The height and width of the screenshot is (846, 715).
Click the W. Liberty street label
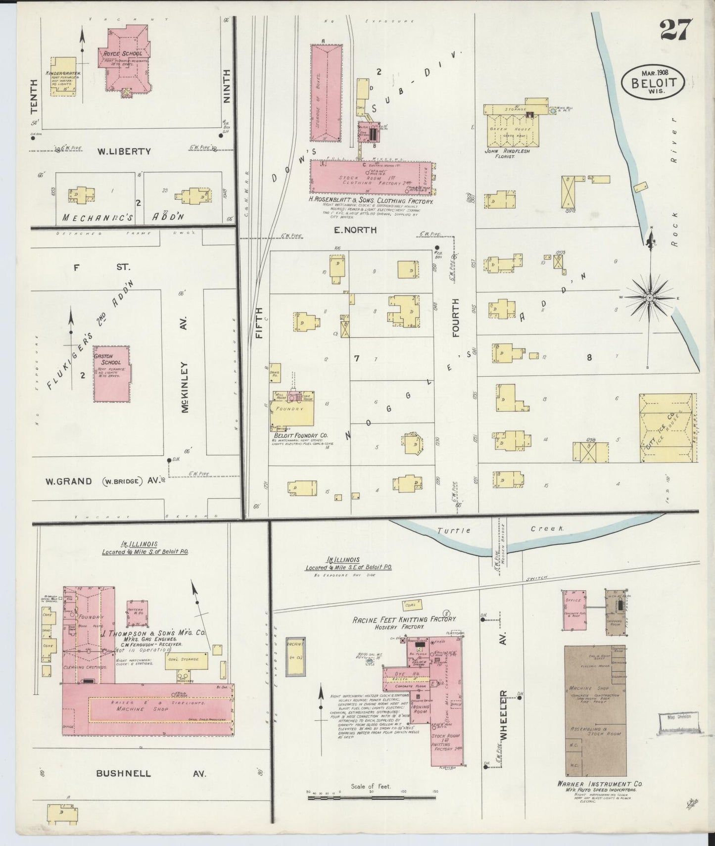pyautogui.click(x=124, y=151)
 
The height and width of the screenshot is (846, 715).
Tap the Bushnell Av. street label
pyautogui.click(x=151, y=773)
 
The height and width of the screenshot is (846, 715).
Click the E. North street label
pyautogui.click(x=355, y=230)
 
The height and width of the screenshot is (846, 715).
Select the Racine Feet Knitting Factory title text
pyautogui.click(x=404, y=619)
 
